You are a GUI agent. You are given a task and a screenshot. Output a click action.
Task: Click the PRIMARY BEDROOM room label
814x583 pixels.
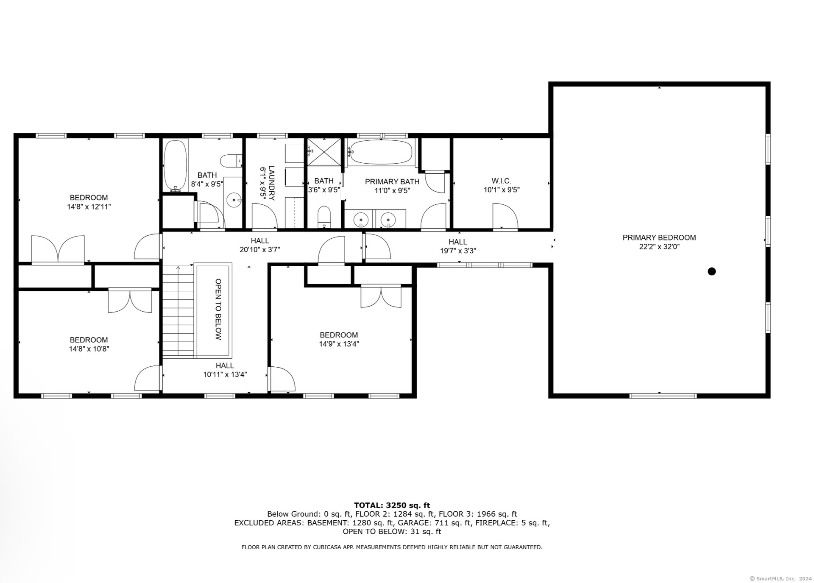tap(659, 237)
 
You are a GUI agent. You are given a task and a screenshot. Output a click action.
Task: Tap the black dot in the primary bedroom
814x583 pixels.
tap(712, 271)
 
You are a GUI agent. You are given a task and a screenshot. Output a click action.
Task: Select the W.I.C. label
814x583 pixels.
tap(501, 181)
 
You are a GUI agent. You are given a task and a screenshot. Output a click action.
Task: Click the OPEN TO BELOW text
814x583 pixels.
tap(218, 309)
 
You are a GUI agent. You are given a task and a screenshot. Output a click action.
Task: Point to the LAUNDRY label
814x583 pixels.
tap(272, 183)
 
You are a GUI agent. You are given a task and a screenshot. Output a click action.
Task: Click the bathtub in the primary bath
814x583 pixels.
tap(381, 152)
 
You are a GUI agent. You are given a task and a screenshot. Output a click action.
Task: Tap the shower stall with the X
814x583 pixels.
tap(324, 152)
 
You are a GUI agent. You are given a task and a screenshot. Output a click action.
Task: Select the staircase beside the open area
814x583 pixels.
tap(178, 311)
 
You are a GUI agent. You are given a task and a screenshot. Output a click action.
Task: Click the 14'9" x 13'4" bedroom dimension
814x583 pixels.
tap(339, 344)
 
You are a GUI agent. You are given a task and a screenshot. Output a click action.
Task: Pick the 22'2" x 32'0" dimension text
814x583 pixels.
tap(659, 247)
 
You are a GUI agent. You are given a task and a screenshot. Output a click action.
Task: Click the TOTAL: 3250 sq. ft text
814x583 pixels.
tap(392, 505)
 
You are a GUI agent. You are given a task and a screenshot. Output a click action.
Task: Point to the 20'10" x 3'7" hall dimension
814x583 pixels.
tap(260, 250)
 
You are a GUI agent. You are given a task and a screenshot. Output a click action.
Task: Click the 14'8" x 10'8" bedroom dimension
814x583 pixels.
tap(89, 349)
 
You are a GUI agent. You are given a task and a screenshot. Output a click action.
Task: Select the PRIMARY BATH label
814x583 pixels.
tap(392, 181)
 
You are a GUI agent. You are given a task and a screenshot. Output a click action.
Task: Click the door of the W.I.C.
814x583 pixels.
tap(505, 216)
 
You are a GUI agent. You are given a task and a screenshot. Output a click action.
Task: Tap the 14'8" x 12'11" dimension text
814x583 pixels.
tap(89, 206)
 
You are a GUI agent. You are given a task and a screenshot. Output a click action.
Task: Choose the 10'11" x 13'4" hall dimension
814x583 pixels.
tap(225, 374)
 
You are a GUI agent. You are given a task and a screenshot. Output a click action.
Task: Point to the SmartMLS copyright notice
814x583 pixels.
tap(781, 578)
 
